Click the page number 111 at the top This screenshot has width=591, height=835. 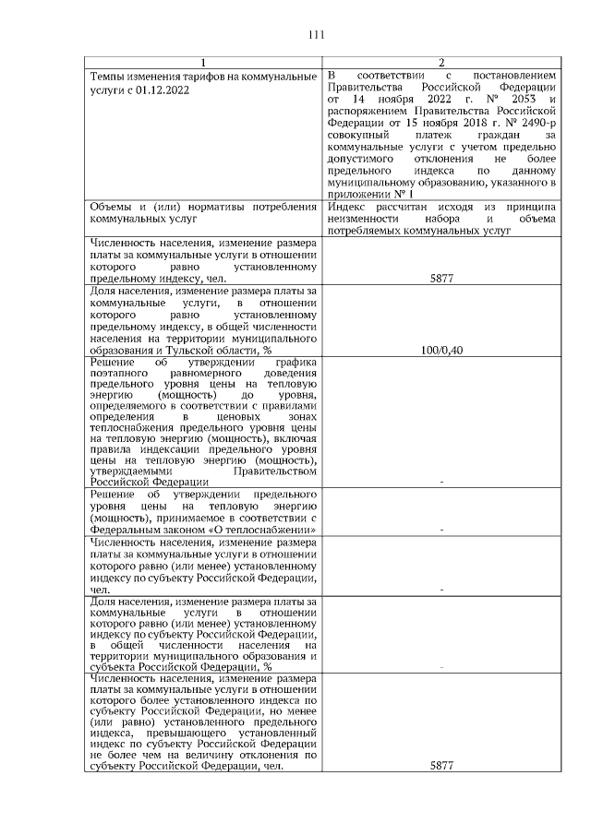coord(317,35)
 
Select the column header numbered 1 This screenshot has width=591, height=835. coord(203,62)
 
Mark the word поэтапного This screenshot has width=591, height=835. coord(117,374)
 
